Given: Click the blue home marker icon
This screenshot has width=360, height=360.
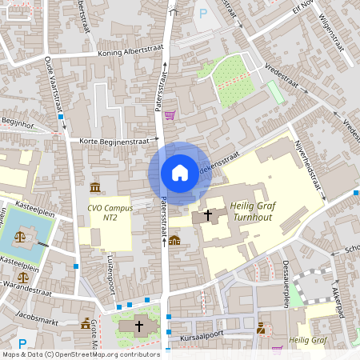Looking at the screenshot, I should (x=180, y=173).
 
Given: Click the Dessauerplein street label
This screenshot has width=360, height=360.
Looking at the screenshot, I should (x=285, y=283).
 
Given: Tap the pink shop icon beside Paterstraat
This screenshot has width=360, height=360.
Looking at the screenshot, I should (x=170, y=114).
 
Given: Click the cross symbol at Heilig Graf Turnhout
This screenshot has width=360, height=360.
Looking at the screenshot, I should (x=209, y=214).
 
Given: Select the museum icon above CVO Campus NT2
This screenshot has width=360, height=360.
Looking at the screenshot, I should (x=95, y=187).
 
